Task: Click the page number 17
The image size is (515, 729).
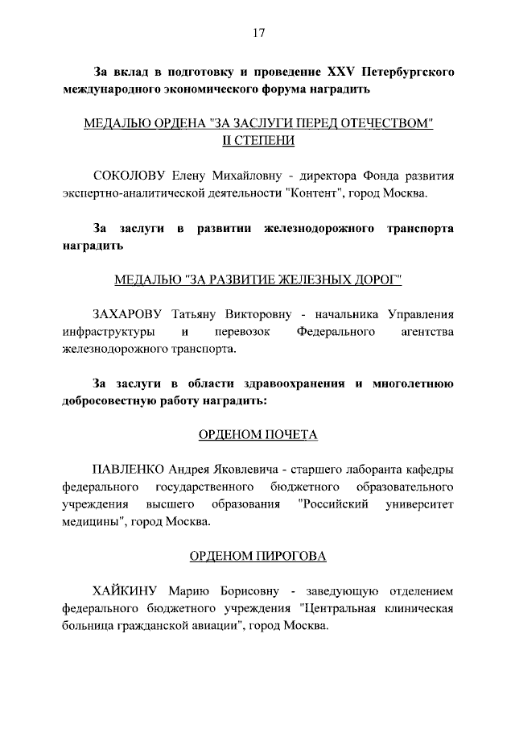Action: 258,33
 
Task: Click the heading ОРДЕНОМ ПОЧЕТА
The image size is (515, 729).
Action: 257,435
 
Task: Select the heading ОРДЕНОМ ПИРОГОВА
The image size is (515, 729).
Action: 257,557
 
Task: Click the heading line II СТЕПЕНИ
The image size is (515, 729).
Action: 257,141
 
